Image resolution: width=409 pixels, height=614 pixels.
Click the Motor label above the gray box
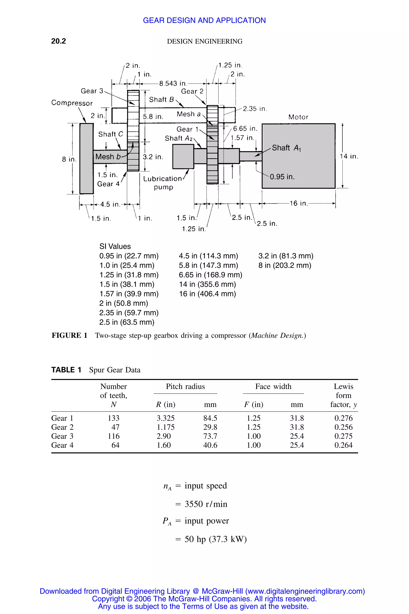298,117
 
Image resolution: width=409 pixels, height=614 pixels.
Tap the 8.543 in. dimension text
173,84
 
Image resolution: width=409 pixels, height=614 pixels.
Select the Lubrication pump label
163,183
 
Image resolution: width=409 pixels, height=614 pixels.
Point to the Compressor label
72,103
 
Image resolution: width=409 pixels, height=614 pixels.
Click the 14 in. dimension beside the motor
349,156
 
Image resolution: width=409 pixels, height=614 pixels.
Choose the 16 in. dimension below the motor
299,203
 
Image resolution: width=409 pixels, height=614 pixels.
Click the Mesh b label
108,157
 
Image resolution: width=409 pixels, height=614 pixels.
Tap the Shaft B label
161,100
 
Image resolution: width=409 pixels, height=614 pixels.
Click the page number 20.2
59,41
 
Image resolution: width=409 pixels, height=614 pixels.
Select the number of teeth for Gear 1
114,418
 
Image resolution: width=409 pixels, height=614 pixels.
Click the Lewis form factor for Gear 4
343,445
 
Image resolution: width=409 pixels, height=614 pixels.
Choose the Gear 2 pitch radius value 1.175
165,427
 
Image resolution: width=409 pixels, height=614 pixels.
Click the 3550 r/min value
206,504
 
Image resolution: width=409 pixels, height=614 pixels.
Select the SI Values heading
115,246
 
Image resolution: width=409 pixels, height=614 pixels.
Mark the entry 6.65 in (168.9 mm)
210,275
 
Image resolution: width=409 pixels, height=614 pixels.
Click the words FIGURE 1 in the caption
69,335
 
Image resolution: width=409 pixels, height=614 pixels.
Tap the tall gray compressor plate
86,158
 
